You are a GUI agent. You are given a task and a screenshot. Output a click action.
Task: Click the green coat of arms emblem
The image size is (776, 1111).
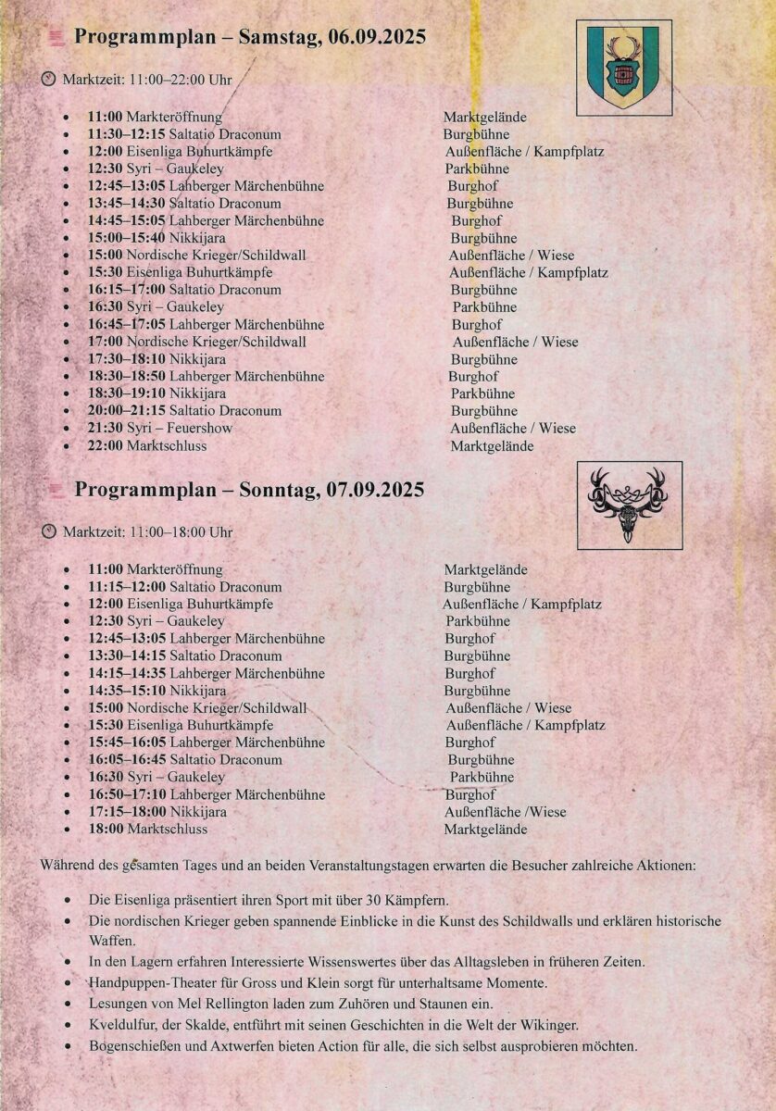pos(624,67)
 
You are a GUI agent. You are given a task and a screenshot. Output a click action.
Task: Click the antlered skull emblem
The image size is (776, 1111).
pos(627,506)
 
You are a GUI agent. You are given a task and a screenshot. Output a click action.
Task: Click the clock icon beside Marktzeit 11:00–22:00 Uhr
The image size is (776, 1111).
pos(49,80)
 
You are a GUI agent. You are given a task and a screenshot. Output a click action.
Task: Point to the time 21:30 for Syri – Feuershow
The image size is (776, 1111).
pos(106,429)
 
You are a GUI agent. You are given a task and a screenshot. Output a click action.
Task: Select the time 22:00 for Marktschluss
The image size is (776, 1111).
pos(106,446)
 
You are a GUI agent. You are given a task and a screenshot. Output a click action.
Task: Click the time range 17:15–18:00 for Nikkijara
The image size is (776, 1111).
pos(127,812)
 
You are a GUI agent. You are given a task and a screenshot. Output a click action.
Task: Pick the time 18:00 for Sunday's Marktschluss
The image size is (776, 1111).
pos(106,830)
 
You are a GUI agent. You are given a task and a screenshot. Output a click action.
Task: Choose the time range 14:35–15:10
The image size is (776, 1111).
pos(127,691)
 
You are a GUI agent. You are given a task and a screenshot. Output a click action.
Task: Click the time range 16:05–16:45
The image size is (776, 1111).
pos(127,760)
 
